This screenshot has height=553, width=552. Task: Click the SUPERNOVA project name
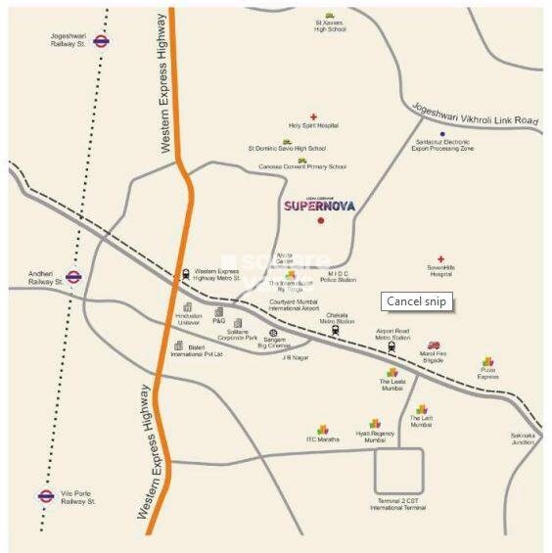[319, 206]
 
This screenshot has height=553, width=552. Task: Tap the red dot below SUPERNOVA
[320, 220]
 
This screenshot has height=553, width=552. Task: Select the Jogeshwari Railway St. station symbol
[102, 41]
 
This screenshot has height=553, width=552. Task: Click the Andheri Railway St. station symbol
[73, 277]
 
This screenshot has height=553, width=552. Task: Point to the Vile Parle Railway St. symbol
[45, 496]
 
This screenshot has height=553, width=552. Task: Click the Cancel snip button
[416, 301]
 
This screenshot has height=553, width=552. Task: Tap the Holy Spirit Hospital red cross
[313, 116]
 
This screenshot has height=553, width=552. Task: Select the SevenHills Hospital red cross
[440, 259]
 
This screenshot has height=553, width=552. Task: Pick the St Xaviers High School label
[330, 26]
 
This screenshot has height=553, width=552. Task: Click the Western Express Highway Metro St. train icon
[186, 274]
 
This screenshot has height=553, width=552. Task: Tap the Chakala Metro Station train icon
[336, 330]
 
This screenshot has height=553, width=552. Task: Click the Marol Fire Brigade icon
[434, 345]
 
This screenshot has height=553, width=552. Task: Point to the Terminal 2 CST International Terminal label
[398, 506]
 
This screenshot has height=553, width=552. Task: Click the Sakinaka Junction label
[523, 438]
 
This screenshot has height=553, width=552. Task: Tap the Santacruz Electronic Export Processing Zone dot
[441, 134]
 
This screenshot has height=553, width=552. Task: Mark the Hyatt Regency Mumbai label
[375, 438]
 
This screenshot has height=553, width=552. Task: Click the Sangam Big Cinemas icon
[259, 334]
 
